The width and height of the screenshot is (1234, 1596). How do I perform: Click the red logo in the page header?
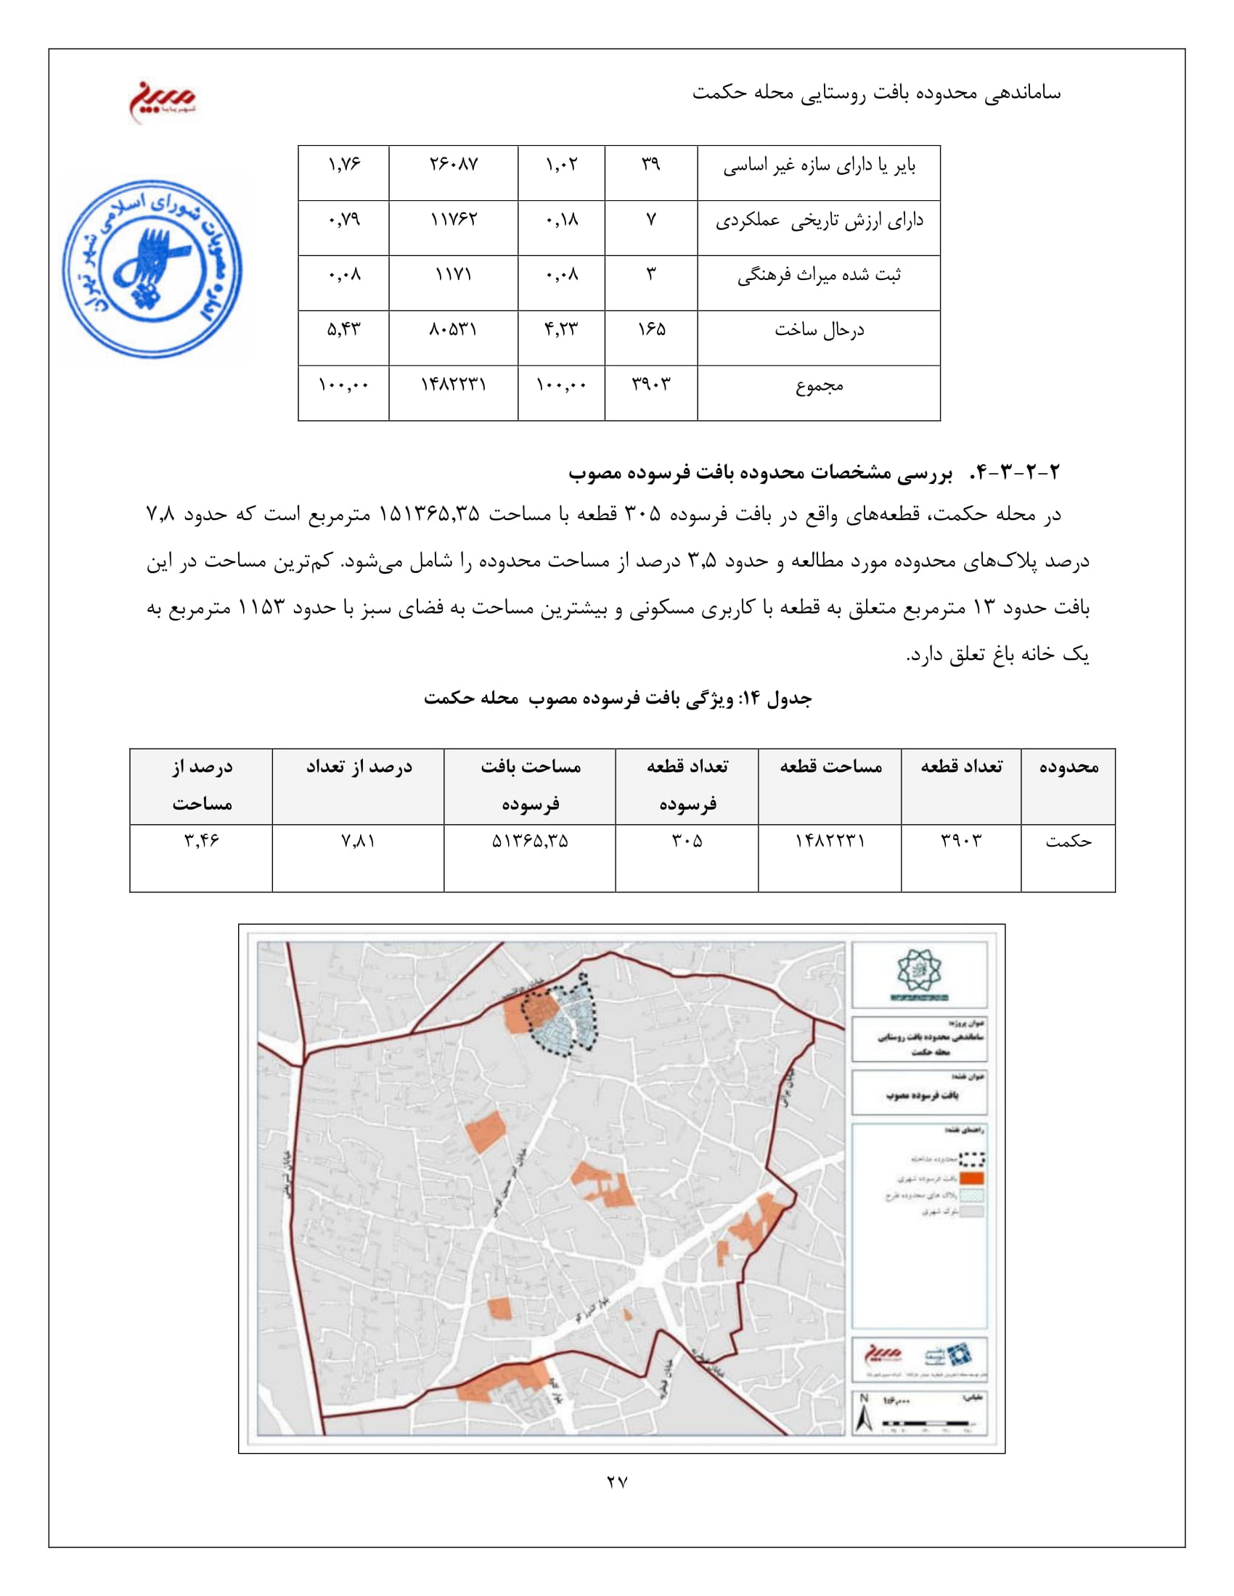(163, 100)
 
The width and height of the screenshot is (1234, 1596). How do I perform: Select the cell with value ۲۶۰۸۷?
(453, 165)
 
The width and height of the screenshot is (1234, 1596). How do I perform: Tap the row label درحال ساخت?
(819, 330)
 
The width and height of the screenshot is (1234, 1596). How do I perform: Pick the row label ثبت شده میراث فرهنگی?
(819, 276)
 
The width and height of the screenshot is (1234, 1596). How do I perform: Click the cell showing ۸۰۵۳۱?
(453, 329)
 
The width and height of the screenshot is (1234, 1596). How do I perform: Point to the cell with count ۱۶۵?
(650, 329)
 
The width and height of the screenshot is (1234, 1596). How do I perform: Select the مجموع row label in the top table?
(819, 386)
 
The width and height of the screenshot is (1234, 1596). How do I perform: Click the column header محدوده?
(1068, 767)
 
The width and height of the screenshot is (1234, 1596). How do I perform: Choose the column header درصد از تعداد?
(358, 767)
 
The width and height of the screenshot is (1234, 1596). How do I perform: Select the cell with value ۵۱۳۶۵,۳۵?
(530, 842)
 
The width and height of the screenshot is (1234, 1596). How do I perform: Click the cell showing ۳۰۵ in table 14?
(687, 842)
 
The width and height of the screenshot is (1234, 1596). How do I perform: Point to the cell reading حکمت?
(1068, 842)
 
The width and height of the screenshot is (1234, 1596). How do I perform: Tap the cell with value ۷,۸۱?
(358, 842)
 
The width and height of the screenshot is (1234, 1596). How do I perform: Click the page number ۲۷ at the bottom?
(617, 1482)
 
